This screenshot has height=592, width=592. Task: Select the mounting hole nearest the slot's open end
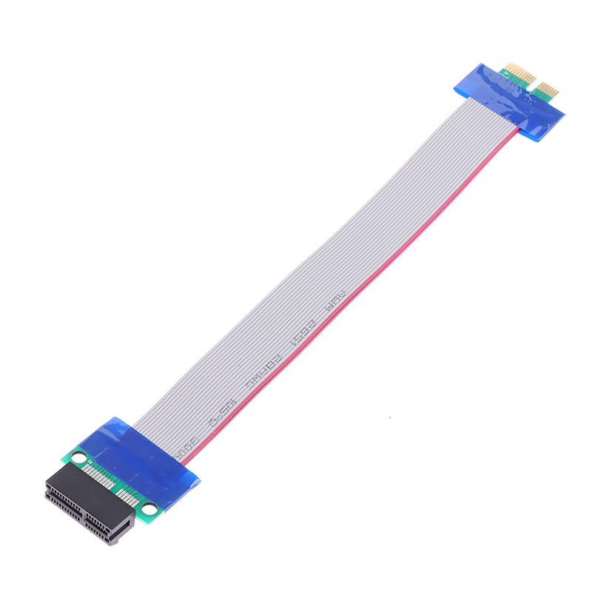pyautogui.click(x=150, y=508)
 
